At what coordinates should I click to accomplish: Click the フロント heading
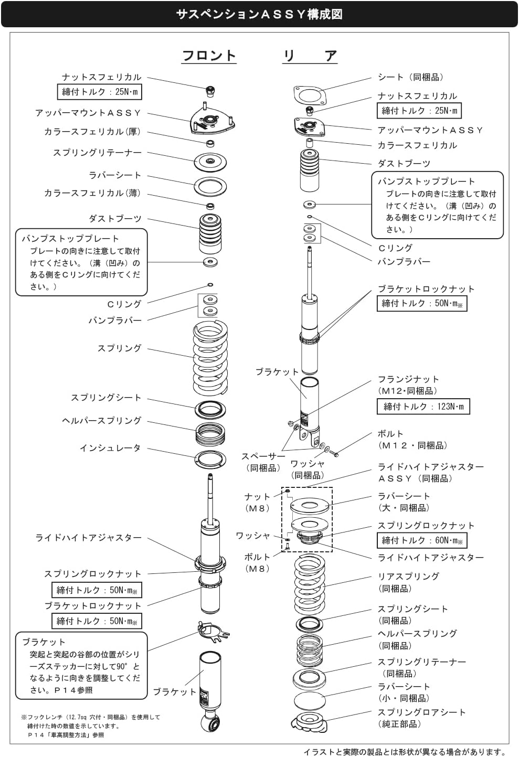[x=209, y=56]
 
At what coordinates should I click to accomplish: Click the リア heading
[x=310, y=56]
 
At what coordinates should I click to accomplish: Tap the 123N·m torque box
[x=423, y=406]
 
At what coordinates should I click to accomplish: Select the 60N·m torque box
[x=422, y=540]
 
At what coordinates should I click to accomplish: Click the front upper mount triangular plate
[x=213, y=122]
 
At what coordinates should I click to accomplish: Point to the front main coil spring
[x=210, y=358]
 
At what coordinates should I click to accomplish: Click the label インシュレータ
[x=110, y=448]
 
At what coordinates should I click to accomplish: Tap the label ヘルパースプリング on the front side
[x=101, y=421]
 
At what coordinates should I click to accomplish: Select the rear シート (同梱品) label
[x=410, y=77]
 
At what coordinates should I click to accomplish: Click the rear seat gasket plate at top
[x=310, y=95]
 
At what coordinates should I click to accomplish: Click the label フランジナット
[x=408, y=379]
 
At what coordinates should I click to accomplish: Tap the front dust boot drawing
[x=210, y=233]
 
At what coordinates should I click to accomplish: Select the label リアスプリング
[x=408, y=576]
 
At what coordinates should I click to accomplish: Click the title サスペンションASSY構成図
[x=259, y=14]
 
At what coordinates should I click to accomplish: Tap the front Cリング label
[x=124, y=304]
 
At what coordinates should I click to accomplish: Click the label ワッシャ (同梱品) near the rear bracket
[x=308, y=470]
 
